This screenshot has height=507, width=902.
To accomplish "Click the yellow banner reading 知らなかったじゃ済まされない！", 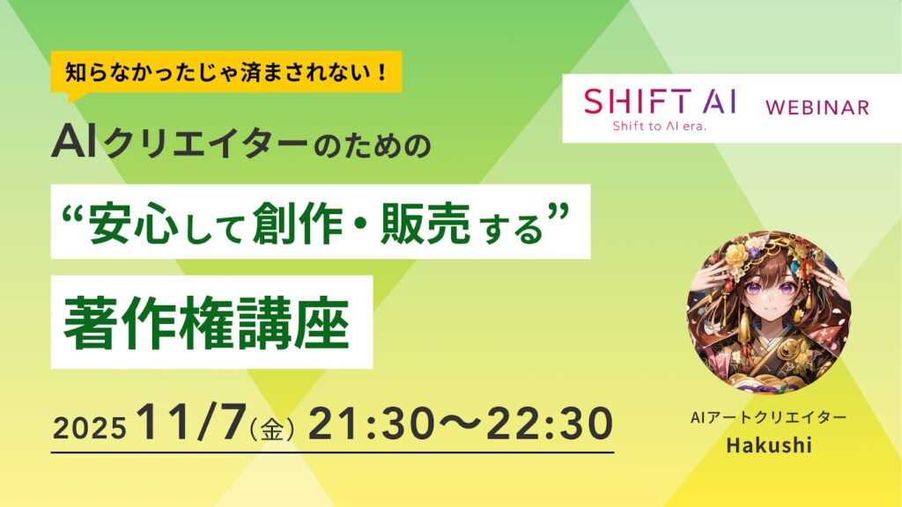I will [227, 70].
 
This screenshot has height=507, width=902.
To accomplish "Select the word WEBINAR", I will [817, 107].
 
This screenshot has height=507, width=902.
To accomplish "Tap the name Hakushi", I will [764, 446].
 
